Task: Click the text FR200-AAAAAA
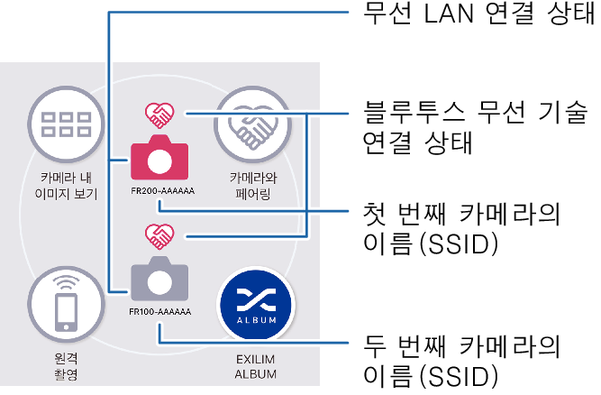(161, 190)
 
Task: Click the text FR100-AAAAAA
(159, 312)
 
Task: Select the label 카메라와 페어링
(251, 185)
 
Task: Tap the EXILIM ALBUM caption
(256, 366)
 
